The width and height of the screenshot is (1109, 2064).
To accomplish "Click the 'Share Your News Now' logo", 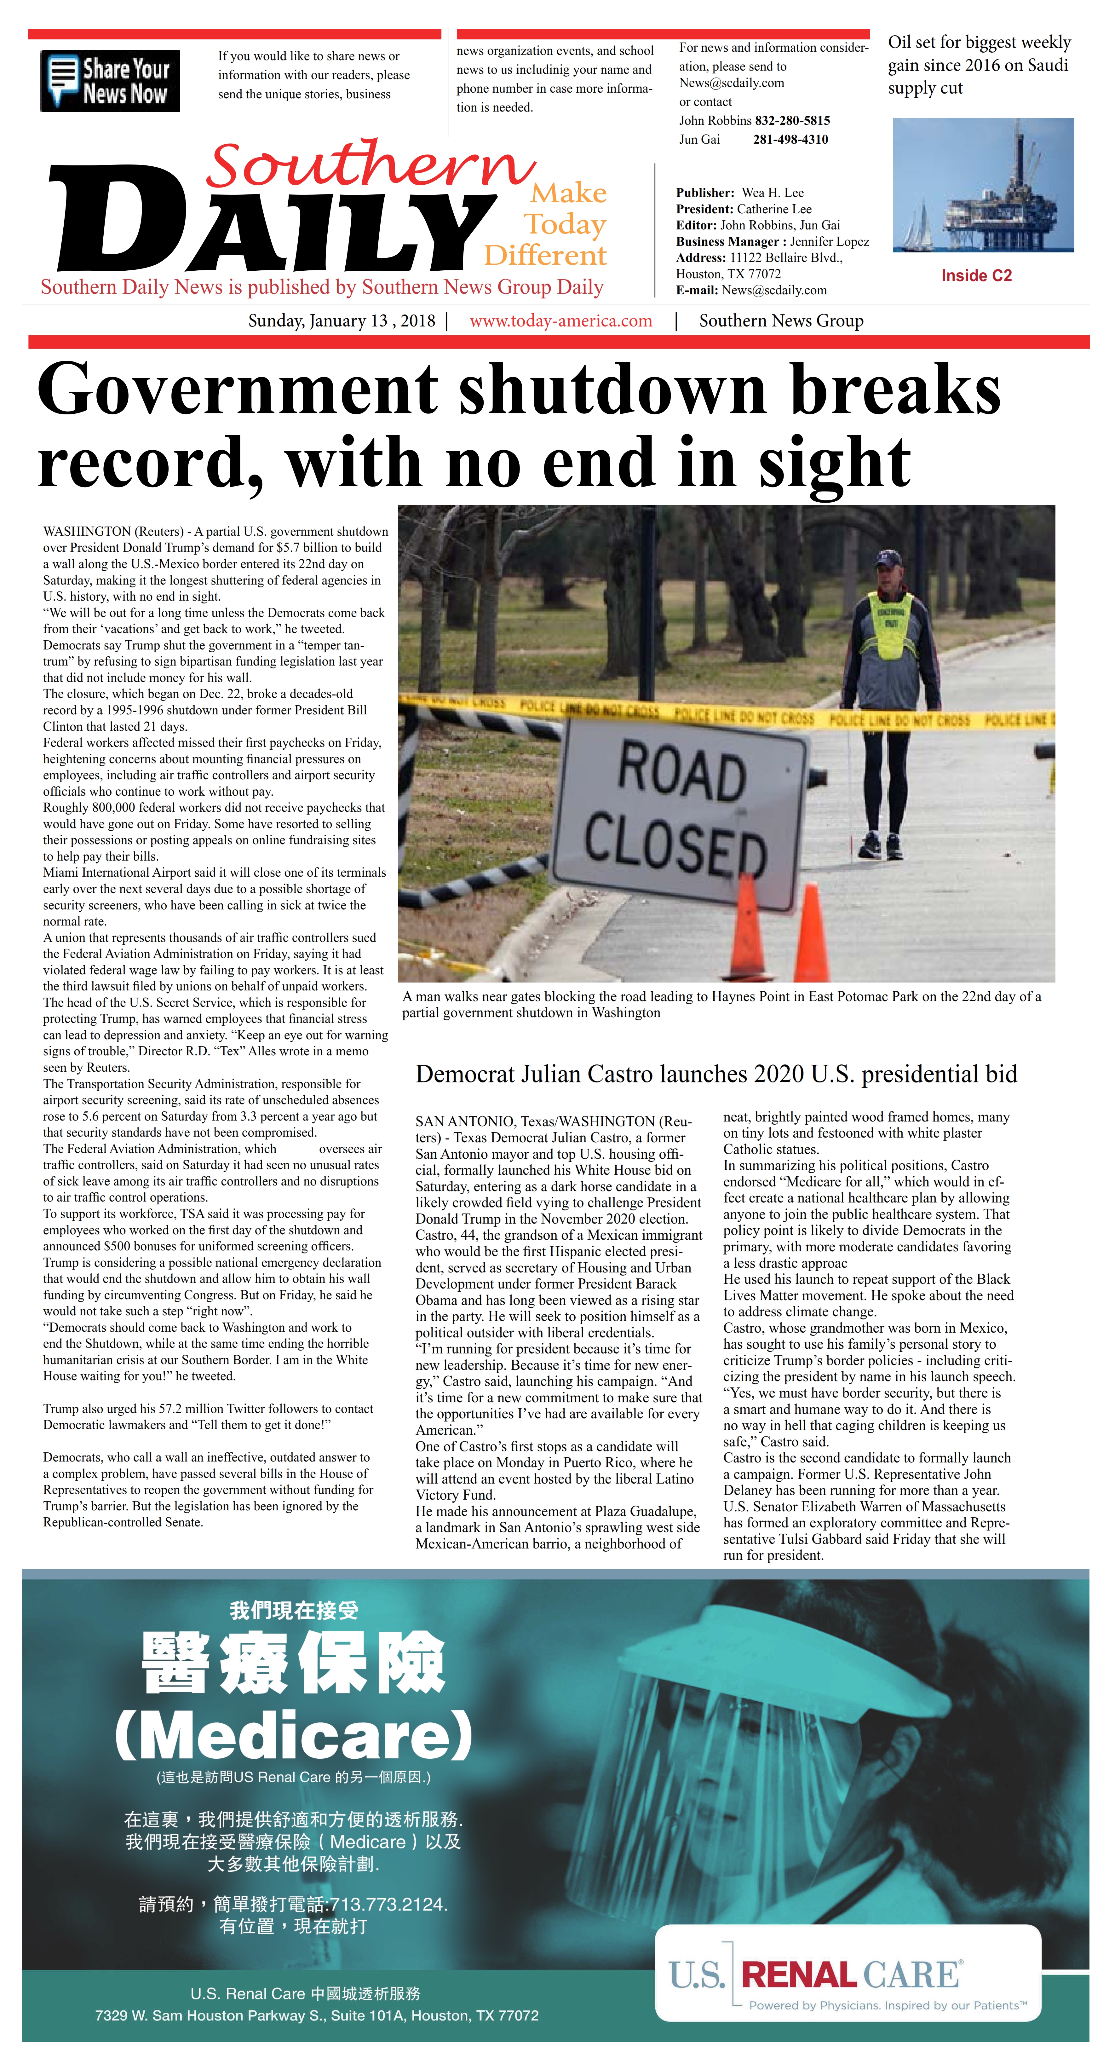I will pos(110,81).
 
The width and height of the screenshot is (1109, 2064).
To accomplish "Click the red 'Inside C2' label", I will pos(976,276).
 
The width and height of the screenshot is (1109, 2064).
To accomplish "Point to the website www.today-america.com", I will pos(561,321).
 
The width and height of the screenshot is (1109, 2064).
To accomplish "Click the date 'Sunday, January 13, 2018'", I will pos(341,321).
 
